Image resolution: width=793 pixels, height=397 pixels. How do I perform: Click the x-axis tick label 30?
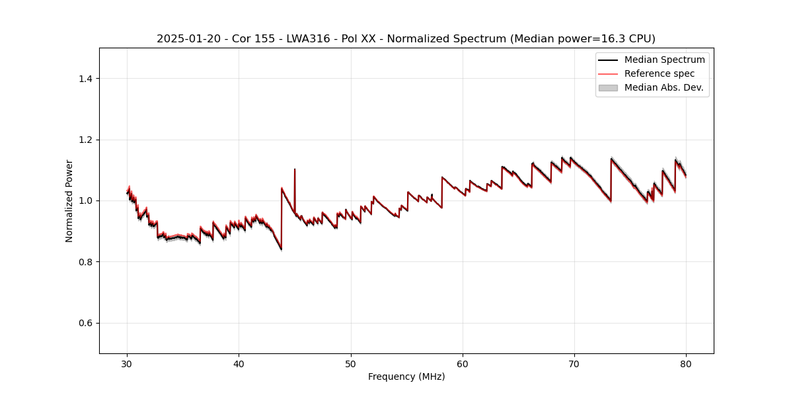pos(127,363)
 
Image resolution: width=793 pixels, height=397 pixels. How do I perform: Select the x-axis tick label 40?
pos(239,363)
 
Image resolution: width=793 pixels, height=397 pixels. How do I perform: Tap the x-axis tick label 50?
pos(351,363)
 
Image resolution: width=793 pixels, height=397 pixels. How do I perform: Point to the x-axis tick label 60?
pos(463,363)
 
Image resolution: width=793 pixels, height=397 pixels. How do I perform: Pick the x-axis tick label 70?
pos(574,363)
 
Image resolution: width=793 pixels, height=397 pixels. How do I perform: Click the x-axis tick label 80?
pos(686,363)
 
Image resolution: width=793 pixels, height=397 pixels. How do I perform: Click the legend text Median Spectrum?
pos(664,60)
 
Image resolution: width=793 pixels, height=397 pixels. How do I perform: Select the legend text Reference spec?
pos(660,73)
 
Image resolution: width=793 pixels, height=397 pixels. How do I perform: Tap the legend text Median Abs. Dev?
pos(663,87)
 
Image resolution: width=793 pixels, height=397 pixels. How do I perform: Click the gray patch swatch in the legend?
pos(608,87)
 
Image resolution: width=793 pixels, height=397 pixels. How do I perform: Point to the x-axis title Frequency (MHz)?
pos(406,376)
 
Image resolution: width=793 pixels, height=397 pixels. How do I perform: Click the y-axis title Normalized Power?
pos(69,200)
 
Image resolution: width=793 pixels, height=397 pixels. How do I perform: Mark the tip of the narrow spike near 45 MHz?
pos(295,169)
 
